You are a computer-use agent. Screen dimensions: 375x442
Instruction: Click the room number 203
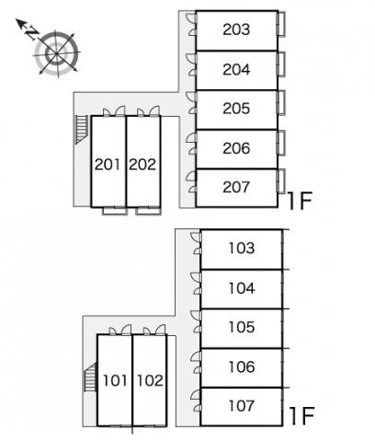point(236,29)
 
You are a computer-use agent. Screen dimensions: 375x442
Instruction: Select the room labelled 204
point(236,69)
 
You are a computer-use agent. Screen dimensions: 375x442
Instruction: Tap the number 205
point(236,109)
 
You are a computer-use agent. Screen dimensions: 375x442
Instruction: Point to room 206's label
point(236,148)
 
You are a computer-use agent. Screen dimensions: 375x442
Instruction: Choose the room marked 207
point(236,187)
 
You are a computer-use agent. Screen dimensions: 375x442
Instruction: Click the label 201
point(108,165)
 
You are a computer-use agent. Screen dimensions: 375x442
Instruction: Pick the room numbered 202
point(142,165)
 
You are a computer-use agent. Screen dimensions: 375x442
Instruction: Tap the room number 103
point(242,248)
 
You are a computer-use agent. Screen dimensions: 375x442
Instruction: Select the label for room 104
point(242,288)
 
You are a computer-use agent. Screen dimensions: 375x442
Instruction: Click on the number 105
point(242,327)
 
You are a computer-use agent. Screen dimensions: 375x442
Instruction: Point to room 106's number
point(242,366)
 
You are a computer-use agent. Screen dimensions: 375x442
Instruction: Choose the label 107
point(242,405)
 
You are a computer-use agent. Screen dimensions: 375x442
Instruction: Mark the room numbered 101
point(115,380)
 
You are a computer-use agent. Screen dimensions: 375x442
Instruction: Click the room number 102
point(150,380)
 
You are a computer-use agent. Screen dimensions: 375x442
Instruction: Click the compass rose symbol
point(57,53)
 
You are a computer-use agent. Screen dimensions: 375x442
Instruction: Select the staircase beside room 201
point(82,130)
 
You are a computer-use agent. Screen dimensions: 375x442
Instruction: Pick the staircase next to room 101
point(90,377)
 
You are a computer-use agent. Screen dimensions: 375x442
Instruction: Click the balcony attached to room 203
point(281,24)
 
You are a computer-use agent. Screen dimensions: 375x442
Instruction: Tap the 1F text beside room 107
point(301,416)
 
